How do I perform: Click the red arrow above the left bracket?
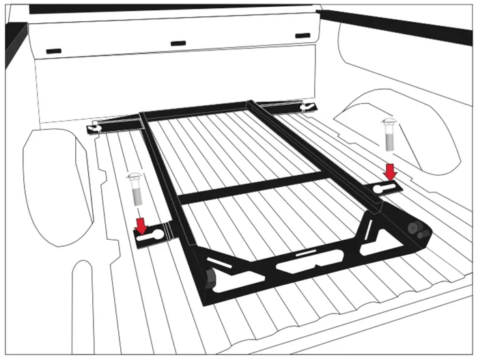point(141,224)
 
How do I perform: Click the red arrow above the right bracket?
point(390,171)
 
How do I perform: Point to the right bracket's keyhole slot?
point(386,188)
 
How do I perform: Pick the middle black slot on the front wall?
point(178,43)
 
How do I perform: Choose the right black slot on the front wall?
point(302,35)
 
